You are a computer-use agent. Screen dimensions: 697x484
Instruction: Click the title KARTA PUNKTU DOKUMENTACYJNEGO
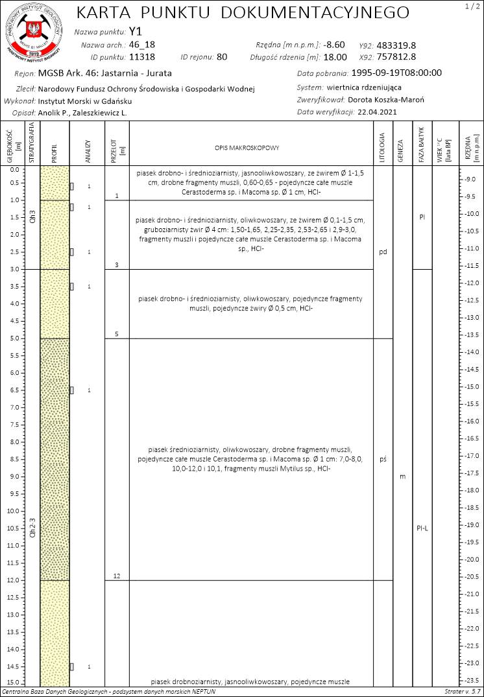[x=243, y=13]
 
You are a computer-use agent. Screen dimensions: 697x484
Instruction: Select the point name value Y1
[x=135, y=31]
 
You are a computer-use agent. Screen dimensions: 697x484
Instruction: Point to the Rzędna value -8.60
[x=334, y=45]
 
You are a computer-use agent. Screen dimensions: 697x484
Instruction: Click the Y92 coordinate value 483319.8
[x=396, y=45]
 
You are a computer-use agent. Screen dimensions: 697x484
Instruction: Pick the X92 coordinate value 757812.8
[x=396, y=56]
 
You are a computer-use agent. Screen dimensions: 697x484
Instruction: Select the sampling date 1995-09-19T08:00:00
[x=398, y=73]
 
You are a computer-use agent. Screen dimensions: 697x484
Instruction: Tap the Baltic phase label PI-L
[x=422, y=528]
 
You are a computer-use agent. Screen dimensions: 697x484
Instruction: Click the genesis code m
[x=402, y=477]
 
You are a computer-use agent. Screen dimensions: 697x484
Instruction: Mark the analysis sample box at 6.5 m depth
[x=72, y=390]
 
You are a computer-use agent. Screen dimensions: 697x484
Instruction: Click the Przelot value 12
[x=117, y=576]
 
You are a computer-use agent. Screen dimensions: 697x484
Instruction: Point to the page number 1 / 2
[x=470, y=6]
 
